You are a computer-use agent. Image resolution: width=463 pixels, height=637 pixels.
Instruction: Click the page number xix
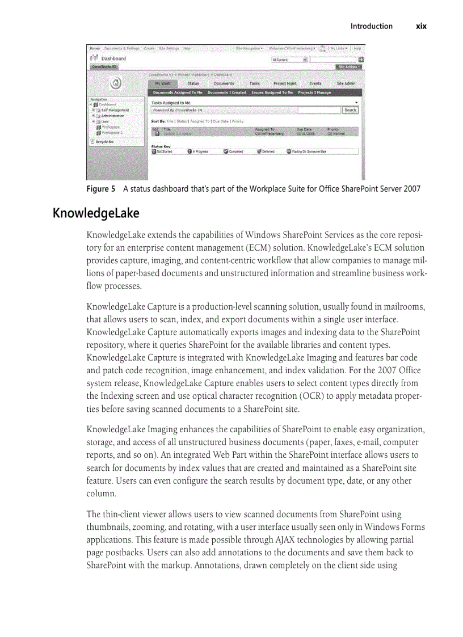tap(420, 26)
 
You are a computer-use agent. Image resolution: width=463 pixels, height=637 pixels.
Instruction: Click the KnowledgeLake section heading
tap(96, 213)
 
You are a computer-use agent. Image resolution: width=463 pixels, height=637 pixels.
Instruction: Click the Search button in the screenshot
tap(350, 110)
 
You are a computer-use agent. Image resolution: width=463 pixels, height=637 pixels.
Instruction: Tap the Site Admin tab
tap(346, 83)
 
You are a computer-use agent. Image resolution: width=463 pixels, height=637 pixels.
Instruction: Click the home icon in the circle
tap(116, 83)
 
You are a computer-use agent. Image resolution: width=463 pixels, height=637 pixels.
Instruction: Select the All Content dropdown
tap(289, 59)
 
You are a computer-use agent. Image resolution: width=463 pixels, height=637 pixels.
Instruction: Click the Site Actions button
tap(350, 67)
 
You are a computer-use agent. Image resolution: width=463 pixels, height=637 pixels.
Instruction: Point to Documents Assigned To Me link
tap(178, 92)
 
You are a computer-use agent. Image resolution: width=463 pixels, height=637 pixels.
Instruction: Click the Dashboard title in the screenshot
tap(113, 58)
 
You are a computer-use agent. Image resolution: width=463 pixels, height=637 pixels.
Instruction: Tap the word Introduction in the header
tap(371, 26)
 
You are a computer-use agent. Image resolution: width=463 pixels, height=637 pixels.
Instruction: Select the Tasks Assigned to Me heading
tap(171, 103)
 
